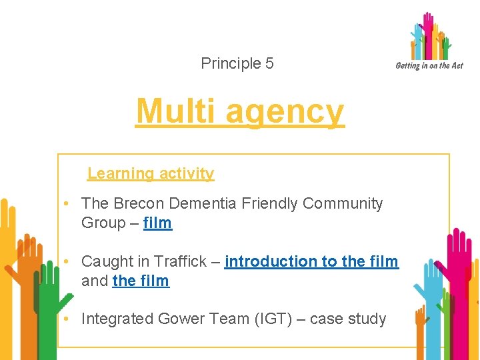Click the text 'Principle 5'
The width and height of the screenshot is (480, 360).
point(237,64)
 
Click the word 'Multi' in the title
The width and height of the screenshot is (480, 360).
point(175,111)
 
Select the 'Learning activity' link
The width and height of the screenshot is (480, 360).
point(151,173)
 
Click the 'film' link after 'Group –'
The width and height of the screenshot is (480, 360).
point(157,223)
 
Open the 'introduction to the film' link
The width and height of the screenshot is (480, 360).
point(311,261)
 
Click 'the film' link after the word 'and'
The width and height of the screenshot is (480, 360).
point(141,281)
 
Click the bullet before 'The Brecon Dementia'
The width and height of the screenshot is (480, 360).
point(68,203)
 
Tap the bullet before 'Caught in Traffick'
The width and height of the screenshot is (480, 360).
point(68,261)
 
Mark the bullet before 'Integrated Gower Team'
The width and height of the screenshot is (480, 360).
point(68,319)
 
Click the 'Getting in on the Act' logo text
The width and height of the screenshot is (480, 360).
point(429,65)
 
